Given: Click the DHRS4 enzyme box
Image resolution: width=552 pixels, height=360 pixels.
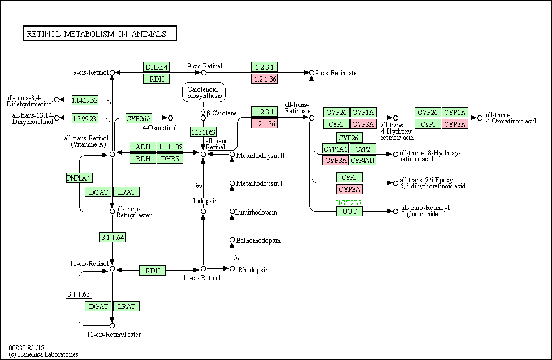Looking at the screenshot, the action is [156, 67].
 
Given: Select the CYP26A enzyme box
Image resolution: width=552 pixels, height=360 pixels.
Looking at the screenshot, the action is [139, 118].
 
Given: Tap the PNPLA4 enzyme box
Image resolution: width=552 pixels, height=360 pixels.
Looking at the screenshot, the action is [79, 178].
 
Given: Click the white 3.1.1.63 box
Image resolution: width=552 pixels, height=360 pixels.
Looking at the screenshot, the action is [79, 294].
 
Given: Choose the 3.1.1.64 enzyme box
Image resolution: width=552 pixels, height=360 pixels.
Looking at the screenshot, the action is [113, 237].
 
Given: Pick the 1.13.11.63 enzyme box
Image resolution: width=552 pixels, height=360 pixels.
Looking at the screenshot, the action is [203, 132].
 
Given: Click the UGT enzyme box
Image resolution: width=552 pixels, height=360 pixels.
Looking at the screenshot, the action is [349, 211].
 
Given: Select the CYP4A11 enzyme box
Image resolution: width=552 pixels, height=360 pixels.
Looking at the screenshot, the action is [363, 160].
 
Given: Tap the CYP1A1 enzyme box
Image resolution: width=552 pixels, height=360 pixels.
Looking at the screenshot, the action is [335, 149].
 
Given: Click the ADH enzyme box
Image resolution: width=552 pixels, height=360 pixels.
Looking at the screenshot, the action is [143, 147].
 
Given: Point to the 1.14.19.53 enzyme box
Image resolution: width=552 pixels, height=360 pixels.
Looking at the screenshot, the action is [85, 100].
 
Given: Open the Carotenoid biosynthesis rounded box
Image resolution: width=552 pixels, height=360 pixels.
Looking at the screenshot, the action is [204, 92].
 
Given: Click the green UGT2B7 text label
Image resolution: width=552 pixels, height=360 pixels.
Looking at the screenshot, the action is [348, 203].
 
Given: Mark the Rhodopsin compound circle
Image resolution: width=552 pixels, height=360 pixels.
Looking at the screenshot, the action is [232, 269].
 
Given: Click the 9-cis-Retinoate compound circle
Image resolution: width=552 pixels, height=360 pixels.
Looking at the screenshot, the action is [312, 73].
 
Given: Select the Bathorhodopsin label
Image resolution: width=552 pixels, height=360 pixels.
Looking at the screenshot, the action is [258, 241].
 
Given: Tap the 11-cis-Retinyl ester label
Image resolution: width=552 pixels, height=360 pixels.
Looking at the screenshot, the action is [114, 335].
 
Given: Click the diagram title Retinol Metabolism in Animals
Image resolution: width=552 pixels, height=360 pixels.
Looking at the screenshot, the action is [97, 34].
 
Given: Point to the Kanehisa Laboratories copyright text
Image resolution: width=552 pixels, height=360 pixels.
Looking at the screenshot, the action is [44, 354].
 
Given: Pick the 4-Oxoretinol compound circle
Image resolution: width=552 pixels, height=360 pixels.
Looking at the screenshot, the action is [170, 118].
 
